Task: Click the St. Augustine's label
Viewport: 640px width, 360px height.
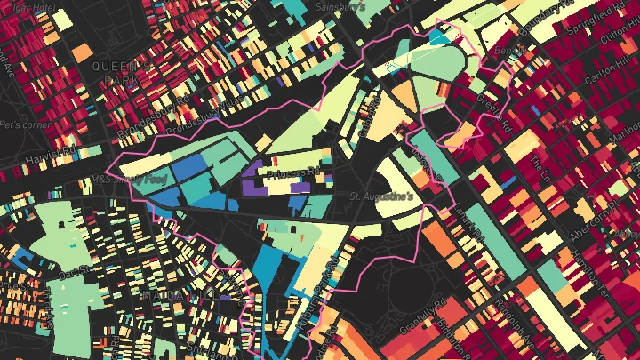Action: [x=382, y=196]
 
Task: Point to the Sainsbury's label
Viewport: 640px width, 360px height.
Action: [x=342, y=6]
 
